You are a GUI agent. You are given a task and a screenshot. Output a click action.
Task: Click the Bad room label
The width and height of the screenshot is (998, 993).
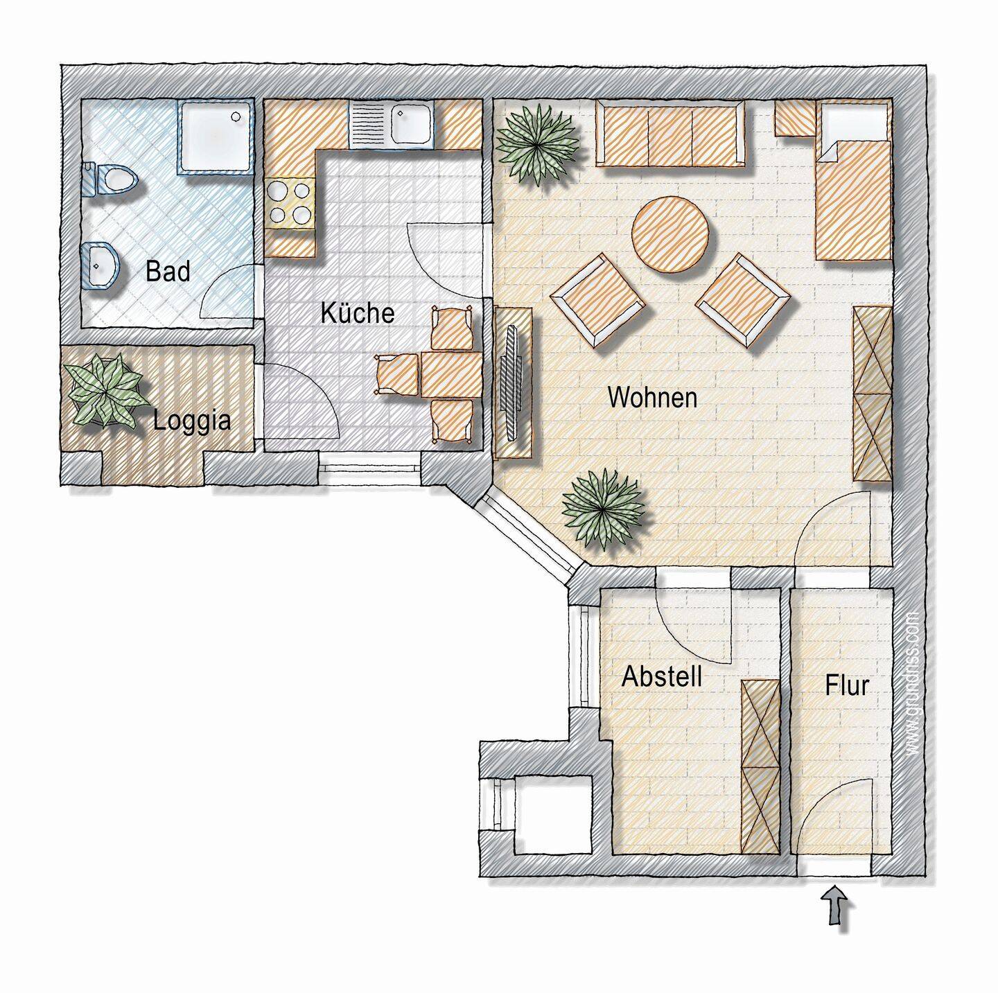(x=168, y=272)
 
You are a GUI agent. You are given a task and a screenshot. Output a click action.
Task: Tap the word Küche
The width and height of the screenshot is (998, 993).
(x=358, y=313)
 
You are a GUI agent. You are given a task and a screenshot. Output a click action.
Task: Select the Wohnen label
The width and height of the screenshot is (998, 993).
(x=652, y=398)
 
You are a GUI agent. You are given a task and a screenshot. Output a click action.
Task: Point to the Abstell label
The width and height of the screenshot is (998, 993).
(x=662, y=676)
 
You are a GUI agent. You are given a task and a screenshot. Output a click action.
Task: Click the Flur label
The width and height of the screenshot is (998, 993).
(x=847, y=685)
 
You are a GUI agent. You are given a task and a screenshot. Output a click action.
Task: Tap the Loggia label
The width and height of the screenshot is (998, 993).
(x=192, y=421)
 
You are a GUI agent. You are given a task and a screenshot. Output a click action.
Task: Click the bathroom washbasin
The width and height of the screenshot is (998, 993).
(x=102, y=265)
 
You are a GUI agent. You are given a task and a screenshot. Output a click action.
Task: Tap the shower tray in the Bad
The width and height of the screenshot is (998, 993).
(x=216, y=134)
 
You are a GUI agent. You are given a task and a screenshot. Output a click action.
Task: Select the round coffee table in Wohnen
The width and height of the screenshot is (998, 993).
(x=670, y=234)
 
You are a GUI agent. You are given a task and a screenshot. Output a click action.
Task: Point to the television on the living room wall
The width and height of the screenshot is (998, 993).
(x=514, y=383)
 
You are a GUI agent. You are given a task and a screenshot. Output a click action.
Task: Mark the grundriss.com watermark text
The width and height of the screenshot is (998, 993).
(x=913, y=683)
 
